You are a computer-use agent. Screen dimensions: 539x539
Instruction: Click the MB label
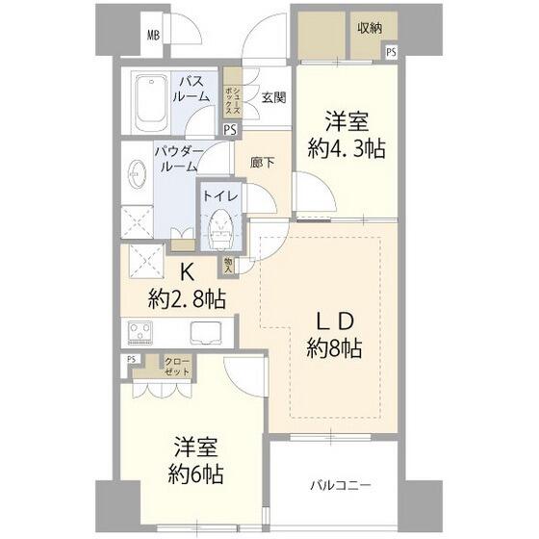153,36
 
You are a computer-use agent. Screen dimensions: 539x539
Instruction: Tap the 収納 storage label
371,28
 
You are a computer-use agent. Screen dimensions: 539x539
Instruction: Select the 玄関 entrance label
272,97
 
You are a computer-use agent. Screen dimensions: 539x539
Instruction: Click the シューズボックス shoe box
232,91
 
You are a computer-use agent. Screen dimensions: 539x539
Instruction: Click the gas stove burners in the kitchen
142,333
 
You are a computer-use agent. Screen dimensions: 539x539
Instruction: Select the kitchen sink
207,333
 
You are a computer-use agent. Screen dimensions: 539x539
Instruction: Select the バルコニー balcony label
339,484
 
